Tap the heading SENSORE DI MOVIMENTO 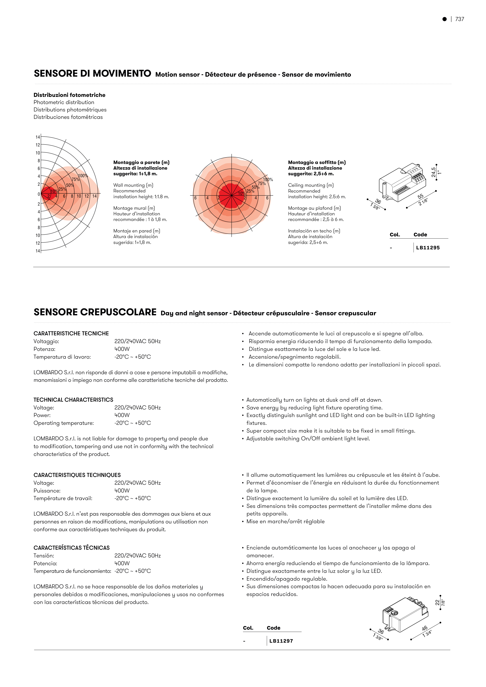[x=92, y=73]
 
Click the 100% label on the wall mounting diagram [x=83, y=176]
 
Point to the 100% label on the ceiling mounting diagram [x=268, y=180]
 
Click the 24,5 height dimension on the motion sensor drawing [x=433, y=172]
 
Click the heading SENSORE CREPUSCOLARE [x=95, y=312]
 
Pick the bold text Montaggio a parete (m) [x=141, y=162]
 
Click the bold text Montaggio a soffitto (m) [x=317, y=162]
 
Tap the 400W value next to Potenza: [x=122, y=349]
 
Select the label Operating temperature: [x=63, y=423]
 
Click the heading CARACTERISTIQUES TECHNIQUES [x=77, y=475]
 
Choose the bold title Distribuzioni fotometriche [x=69, y=95]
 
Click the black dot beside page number [x=444, y=19]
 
